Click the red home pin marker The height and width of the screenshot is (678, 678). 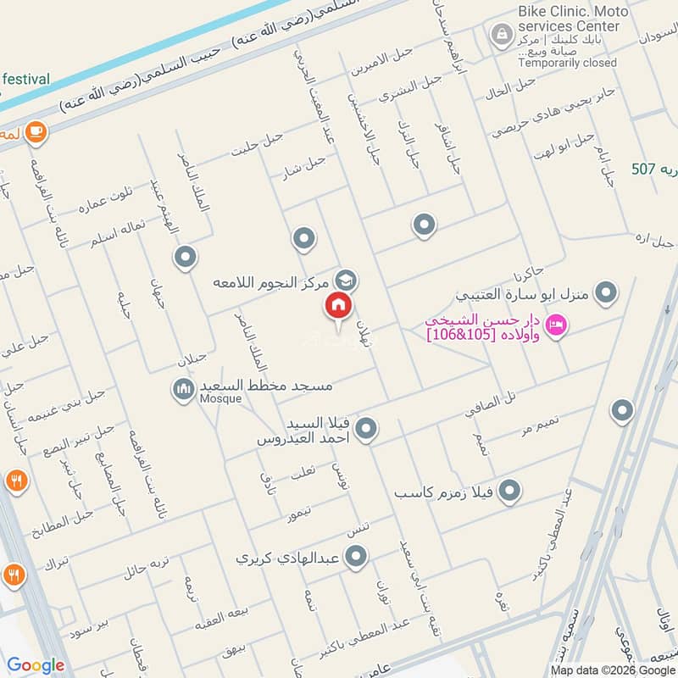click(338, 305)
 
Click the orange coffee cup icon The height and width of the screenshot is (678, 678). click(36, 131)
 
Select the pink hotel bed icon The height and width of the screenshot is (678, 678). click(556, 325)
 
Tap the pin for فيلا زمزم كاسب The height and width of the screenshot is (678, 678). click(509, 491)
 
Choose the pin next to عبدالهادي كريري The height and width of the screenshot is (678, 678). click(357, 557)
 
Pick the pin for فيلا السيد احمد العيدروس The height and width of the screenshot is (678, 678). click(366, 430)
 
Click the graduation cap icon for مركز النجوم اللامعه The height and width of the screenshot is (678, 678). click(345, 279)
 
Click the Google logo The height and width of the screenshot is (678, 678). click(36, 665)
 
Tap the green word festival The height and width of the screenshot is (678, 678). click(25, 79)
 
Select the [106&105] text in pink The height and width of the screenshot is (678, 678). click(462, 335)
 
